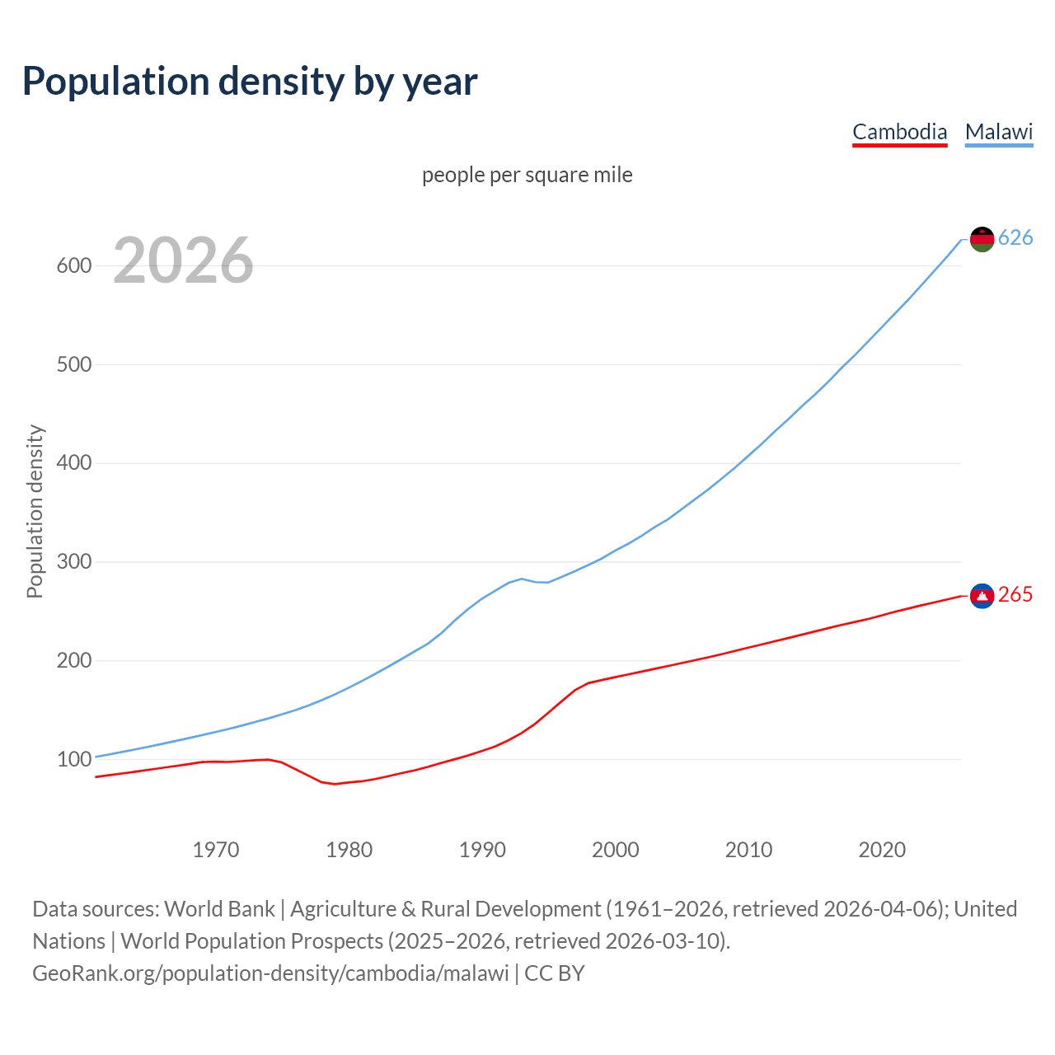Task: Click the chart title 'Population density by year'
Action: pos(250,82)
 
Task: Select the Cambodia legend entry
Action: pos(899,132)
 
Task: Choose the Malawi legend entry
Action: pos(999,132)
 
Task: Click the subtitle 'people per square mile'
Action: pos(527,175)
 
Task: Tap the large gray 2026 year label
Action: pos(183,260)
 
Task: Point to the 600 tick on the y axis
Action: pos(73,265)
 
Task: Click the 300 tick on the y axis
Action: pos(73,562)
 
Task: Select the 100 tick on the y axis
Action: pos(73,759)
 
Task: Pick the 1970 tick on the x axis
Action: pos(216,850)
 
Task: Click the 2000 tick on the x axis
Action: pos(616,850)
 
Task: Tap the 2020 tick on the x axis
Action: pos(882,850)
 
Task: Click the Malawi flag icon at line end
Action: pos(982,239)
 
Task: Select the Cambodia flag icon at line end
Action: pos(982,595)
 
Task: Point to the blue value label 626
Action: pos(1015,238)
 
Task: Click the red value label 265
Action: pos(1015,595)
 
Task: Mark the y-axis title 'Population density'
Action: pos(35,511)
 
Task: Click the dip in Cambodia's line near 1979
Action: pos(335,783)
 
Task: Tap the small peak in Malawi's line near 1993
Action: pos(522,579)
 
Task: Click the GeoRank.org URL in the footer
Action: pos(270,973)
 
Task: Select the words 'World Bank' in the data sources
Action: pos(219,909)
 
